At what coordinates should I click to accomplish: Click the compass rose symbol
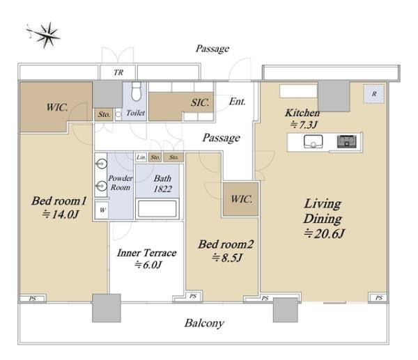44,35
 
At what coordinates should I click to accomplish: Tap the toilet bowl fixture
137,92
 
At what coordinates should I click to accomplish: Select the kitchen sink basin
313,141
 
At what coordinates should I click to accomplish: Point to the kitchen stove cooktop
346,141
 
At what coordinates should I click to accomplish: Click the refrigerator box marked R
374,94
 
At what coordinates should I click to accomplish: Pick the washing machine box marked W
102,210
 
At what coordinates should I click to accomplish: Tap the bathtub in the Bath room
157,208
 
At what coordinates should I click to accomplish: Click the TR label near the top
118,72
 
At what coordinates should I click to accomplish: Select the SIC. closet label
200,102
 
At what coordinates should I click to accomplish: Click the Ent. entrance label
238,102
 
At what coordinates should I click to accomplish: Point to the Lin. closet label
141,157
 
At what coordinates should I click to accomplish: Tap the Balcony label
204,323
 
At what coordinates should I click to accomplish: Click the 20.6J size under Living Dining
325,234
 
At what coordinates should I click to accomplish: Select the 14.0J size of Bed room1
61,214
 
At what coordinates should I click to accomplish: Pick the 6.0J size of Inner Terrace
148,265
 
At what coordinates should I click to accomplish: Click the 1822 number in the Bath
162,189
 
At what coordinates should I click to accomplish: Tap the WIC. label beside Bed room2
242,199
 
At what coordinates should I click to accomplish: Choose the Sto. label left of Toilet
104,115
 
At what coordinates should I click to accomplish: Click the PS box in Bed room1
33,299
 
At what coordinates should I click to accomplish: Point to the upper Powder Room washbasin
102,164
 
